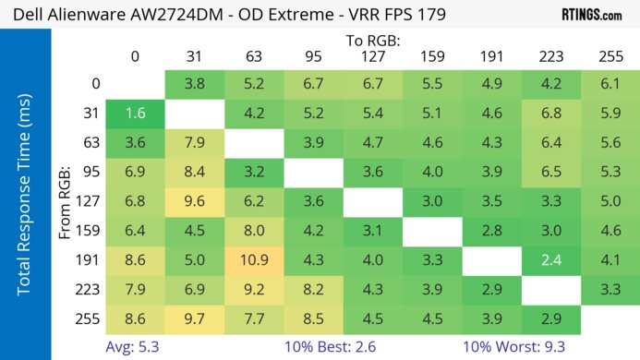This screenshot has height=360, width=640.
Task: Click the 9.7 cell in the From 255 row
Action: (194, 320)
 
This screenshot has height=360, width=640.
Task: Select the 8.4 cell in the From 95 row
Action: (194, 173)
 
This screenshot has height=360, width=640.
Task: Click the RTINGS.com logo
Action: (591, 15)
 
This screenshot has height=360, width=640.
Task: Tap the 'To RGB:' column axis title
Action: (373, 40)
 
